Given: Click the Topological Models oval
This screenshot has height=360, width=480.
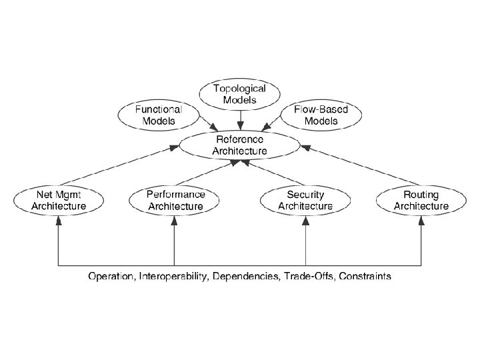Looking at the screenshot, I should (239, 94).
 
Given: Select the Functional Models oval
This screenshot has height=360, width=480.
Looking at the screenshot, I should (159, 115).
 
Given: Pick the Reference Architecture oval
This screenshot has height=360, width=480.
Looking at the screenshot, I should (239, 145).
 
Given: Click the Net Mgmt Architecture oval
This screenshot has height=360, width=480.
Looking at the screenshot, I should (59, 200).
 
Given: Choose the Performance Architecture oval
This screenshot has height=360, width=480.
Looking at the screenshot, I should (175, 200).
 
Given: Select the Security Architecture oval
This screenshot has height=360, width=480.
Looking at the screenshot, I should (305, 200).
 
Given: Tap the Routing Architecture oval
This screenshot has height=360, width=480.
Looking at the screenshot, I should (421, 200).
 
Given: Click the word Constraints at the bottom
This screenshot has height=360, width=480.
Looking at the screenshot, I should (365, 276).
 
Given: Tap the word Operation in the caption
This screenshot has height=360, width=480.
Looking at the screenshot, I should (111, 276).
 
